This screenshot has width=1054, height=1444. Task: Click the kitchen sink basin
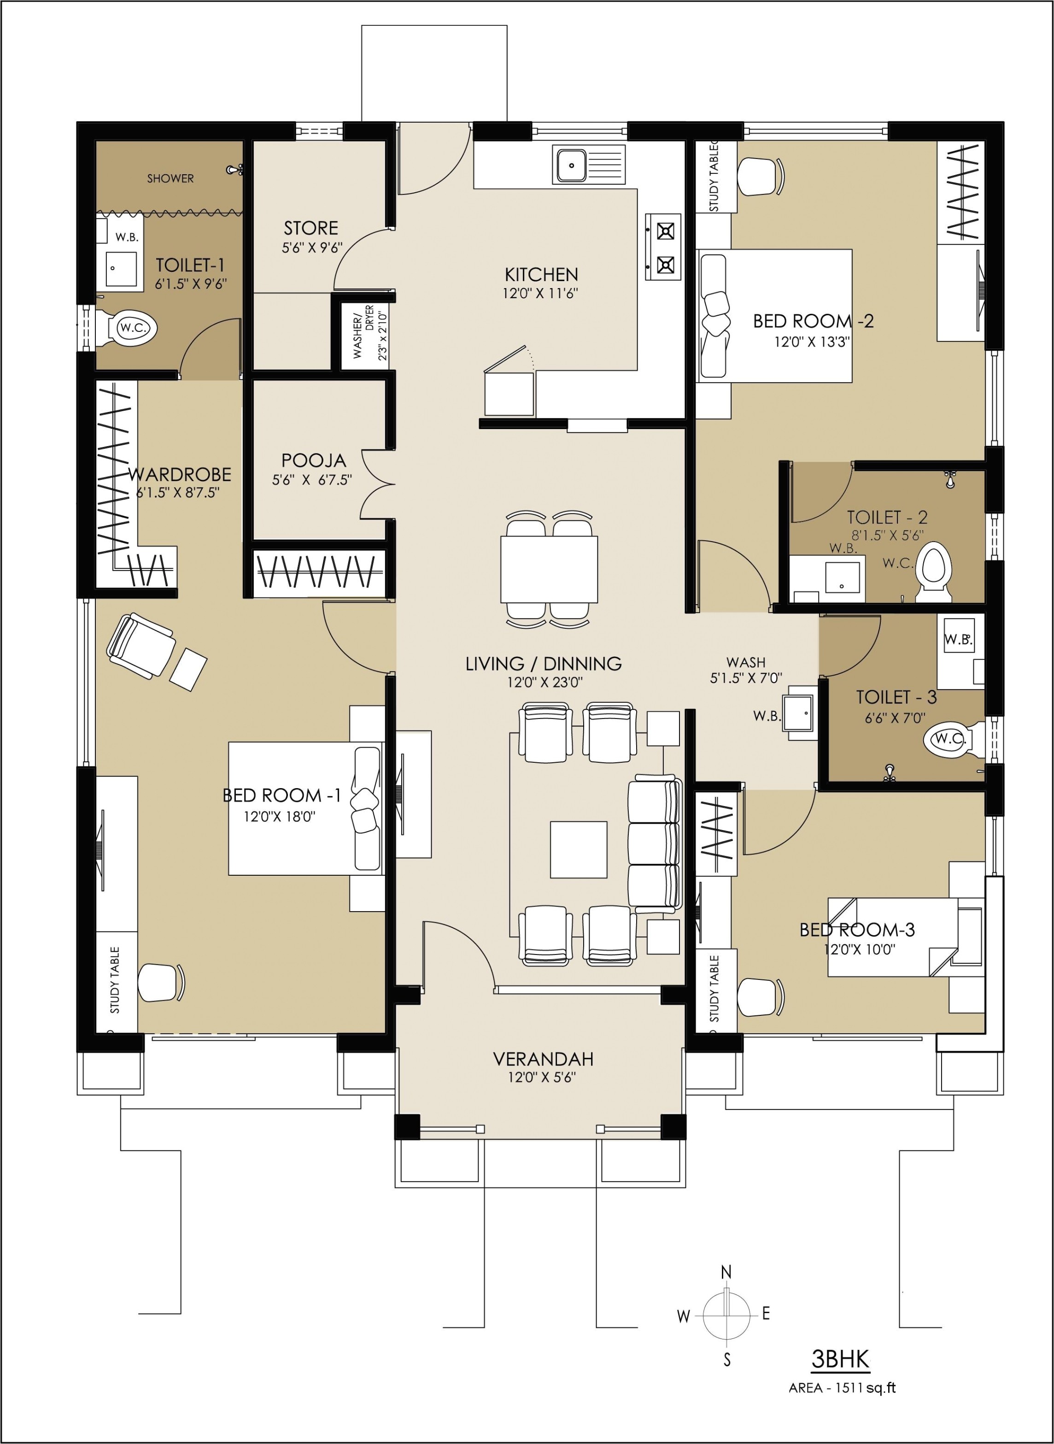572,165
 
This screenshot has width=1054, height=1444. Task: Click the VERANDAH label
543,1059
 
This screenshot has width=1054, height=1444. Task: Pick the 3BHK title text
840,1360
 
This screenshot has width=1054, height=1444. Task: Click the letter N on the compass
726,1272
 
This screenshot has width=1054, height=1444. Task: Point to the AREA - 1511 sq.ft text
842,1388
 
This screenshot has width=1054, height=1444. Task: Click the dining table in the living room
549,569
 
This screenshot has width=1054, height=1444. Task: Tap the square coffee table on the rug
579,850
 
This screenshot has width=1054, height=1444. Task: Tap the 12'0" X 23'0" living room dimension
544,683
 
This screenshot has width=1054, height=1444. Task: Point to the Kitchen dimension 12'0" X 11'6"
540,294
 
